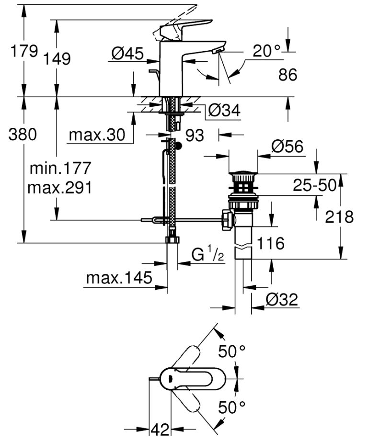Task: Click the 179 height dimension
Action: point(23,51)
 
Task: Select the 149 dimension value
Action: point(57,59)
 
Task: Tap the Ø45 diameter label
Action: point(127,54)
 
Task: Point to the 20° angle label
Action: point(267,51)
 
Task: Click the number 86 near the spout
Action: point(287,74)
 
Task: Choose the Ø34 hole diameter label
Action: point(224,111)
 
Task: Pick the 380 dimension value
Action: point(23,135)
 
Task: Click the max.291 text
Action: point(59,188)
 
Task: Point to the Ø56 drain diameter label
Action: point(287,147)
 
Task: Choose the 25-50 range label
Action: point(315,185)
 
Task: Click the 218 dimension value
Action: point(339,217)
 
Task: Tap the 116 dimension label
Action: point(271,244)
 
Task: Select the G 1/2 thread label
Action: point(208,255)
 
